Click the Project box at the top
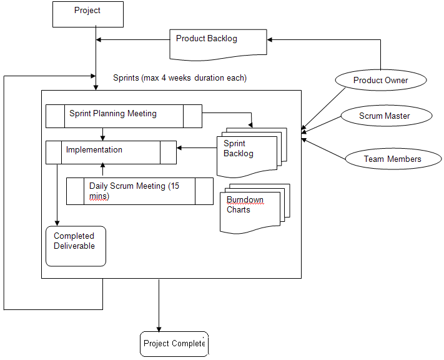[x=87, y=13]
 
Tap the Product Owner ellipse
[x=380, y=80]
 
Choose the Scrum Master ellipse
[x=385, y=116]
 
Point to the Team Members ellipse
[x=392, y=159]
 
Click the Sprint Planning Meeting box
[x=124, y=116]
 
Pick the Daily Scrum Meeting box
[x=140, y=191]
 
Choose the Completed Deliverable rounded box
[x=76, y=246]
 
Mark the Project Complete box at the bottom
[x=174, y=344]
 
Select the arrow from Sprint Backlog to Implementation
[x=197, y=148]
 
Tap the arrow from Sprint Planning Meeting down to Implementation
[x=103, y=134]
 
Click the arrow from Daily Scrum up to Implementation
[x=103, y=171]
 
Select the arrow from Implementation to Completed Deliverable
[x=57, y=194]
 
